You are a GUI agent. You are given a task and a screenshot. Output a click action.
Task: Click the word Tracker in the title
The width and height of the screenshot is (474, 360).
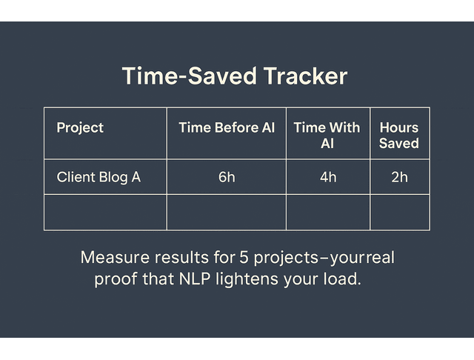pyautogui.click(x=301, y=77)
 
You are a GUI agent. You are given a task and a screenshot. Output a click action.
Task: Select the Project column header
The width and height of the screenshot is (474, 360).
pyautogui.click(x=80, y=127)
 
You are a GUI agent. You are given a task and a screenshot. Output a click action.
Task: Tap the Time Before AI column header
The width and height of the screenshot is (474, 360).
pyautogui.click(x=227, y=127)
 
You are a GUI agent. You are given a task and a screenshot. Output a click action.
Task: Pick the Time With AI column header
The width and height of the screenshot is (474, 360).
pyautogui.click(x=327, y=135)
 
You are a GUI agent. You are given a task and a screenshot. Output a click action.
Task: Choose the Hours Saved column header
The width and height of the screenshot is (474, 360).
pyautogui.click(x=398, y=135)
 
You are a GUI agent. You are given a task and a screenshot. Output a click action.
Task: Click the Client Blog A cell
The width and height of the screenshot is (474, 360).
pyautogui.click(x=99, y=177)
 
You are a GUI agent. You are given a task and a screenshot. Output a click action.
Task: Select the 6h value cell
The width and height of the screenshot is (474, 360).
pyautogui.click(x=227, y=177)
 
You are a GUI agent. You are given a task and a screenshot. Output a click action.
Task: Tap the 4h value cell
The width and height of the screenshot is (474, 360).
pyautogui.click(x=327, y=177)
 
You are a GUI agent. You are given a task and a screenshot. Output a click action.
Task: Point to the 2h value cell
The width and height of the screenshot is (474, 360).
pyautogui.click(x=399, y=177)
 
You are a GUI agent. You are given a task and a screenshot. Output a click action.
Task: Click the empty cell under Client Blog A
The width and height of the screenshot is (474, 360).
pyautogui.click(x=105, y=213)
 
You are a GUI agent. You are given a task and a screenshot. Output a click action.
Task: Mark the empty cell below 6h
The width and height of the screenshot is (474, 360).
pyautogui.click(x=227, y=213)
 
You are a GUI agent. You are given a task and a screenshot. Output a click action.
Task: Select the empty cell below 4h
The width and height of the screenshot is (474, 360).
pyautogui.click(x=327, y=213)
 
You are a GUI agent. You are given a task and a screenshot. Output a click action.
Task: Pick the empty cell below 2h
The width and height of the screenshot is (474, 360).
pyautogui.click(x=399, y=213)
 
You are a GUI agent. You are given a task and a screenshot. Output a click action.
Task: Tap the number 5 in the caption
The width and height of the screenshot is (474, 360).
pyautogui.click(x=244, y=259)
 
